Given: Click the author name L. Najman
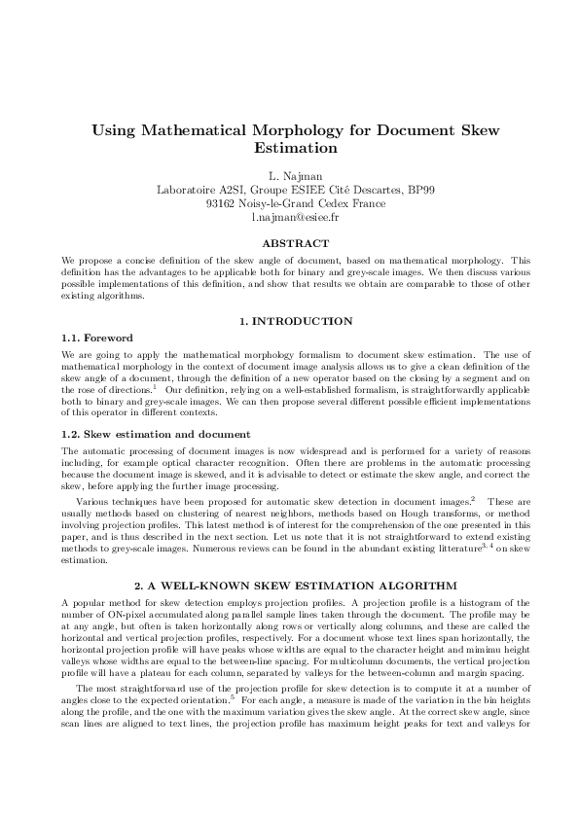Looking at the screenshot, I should click(x=289, y=176).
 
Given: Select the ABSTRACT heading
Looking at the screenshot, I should click(x=289, y=243).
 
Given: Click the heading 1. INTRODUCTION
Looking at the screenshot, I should click(x=289, y=321).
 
